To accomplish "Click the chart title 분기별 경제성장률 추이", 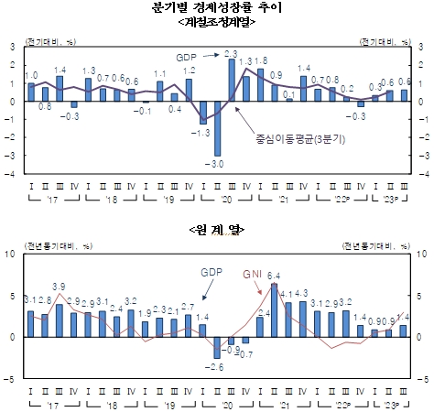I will coord(217,7).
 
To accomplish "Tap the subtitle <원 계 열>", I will coord(217,227).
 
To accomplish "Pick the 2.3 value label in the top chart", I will coord(232,54).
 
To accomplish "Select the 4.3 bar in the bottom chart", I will coord(302,318).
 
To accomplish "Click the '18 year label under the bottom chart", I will coord(109,404).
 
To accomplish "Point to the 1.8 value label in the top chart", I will coord(261,60).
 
